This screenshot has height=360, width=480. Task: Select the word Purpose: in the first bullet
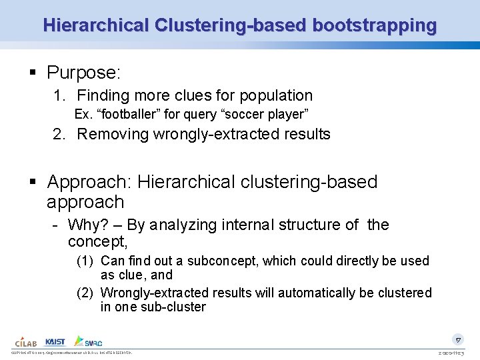[x=83, y=72]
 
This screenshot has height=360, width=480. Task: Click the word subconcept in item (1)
[x=223, y=261]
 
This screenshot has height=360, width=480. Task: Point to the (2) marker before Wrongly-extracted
[x=85, y=293]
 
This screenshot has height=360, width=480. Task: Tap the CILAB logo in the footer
[x=26, y=341]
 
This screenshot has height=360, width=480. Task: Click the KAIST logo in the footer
[x=56, y=341]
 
